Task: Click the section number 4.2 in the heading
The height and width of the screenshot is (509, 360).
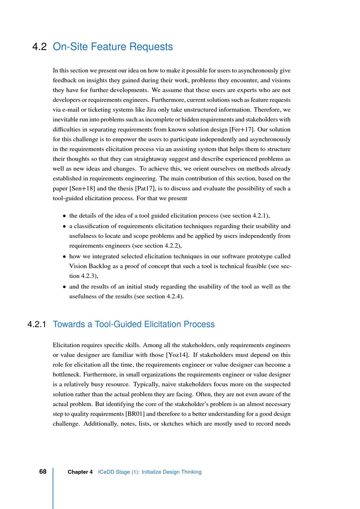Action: point(40,47)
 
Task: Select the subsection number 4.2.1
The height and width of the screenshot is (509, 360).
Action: point(37,324)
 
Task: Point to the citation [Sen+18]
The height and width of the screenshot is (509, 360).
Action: point(82,188)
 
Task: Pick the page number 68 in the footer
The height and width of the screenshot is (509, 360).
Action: point(43,472)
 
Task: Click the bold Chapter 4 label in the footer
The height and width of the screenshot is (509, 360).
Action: point(80,472)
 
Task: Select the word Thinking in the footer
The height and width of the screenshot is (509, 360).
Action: point(191,472)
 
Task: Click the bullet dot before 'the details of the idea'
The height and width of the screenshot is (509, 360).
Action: point(64,216)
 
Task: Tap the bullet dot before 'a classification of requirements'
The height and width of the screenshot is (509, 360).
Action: point(64,227)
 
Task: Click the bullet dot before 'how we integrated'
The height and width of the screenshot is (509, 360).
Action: point(64,257)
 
